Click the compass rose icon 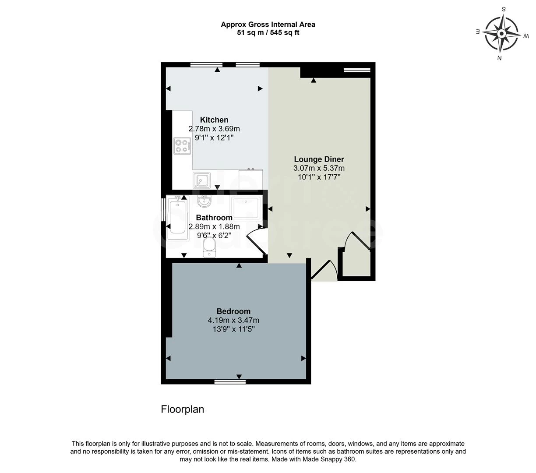coord(502,33)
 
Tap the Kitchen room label coord(214,120)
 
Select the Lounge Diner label coord(319,159)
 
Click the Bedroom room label coord(233,311)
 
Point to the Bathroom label coord(214,218)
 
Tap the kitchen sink coord(201,180)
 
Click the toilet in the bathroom coord(209,248)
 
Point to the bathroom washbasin coord(204,201)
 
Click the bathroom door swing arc coord(256,239)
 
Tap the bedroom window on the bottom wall coord(230,381)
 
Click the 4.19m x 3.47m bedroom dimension coord(233,320)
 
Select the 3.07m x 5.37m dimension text coord(319,168)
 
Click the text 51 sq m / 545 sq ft coord(268,32)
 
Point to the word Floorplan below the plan coord(183,409)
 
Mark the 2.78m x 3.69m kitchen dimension coord(214,129)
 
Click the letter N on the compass coord(499,58)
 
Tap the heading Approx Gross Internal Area coord(268,25)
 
